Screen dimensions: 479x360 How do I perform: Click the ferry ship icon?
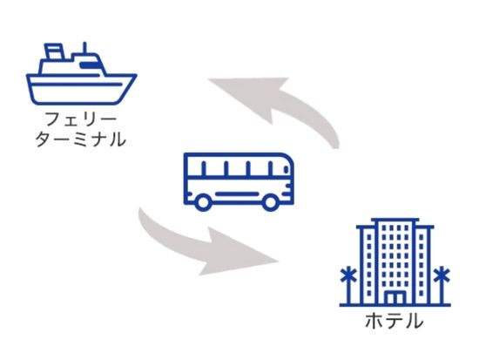pos(81,74)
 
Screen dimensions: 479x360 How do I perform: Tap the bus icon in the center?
pos(239,181)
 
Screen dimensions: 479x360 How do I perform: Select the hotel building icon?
pos(395,262)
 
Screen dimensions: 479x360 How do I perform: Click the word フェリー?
pos(81,119)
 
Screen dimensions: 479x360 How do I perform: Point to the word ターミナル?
pos(81,139)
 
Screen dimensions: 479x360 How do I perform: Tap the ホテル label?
pos(395,321)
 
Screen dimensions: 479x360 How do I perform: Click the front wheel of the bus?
pos(270,202)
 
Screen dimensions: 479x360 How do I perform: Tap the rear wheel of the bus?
pos(203,202)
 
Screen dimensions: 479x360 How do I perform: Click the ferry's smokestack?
pos(54,52)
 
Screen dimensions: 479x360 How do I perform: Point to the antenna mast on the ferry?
pos(85,48)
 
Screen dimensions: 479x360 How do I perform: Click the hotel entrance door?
pos(395,297)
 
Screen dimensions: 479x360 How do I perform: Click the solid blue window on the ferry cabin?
pos(89,65)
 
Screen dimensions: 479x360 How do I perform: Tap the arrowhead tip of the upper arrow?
pos(208,79)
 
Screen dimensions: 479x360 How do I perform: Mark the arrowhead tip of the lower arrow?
pos(279,262)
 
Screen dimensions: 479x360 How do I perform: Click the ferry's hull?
pos(81,89)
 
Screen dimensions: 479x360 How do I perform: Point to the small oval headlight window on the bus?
pos(287,168)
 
